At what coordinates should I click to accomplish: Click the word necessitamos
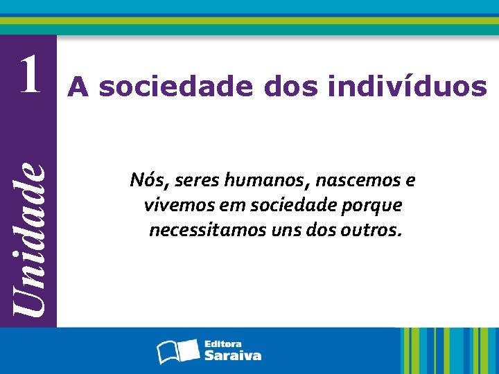(x=204, y=230)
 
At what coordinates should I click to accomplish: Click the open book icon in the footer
(x=178, y=350)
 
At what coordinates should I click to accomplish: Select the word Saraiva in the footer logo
(x=233, y=355)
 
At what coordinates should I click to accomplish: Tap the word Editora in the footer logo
(x=223, y=344)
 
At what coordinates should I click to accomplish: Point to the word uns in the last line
(x=280, y=230)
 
